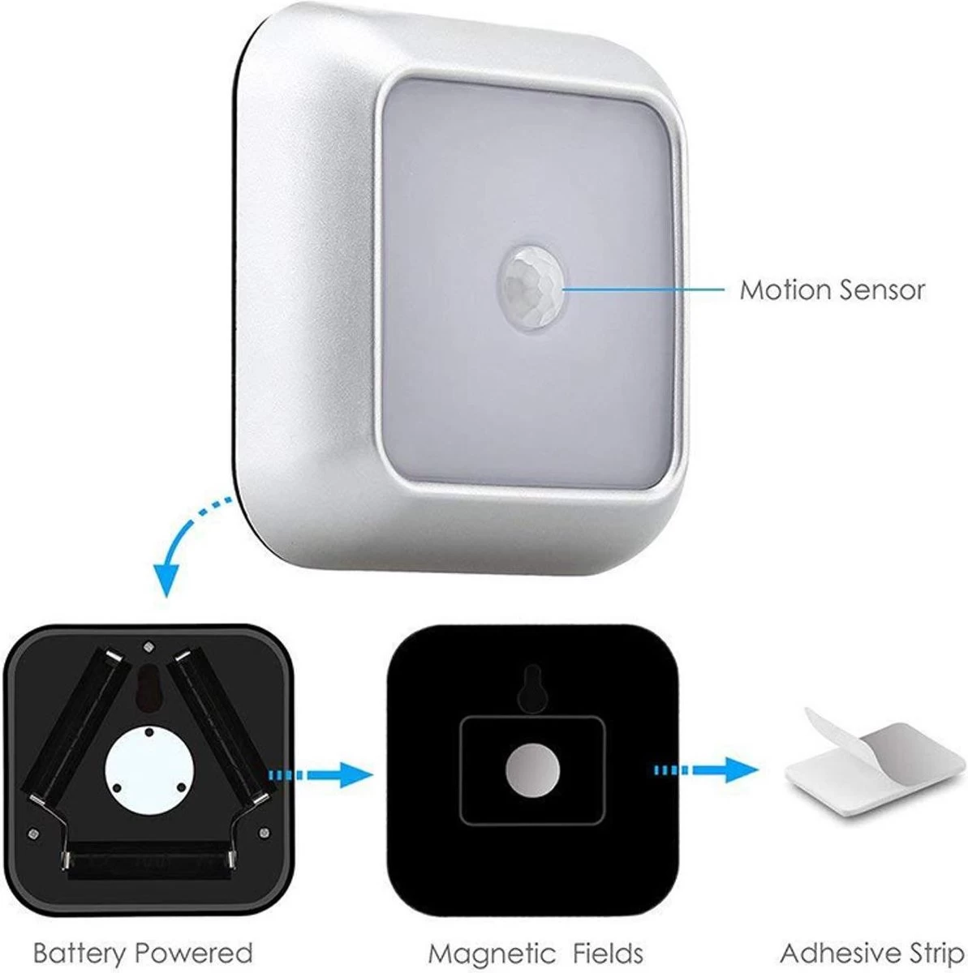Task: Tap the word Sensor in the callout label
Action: [882, 289]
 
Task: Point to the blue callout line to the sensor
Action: [641, 289]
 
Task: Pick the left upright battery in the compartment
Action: [73, 722]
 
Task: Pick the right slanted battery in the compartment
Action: [221, 722]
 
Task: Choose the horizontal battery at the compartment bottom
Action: [146, 859]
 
